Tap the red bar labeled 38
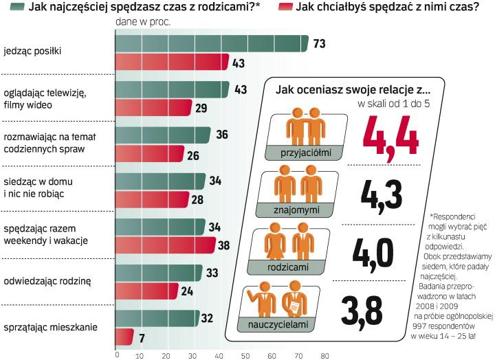[164, 245]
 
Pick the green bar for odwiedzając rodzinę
[157, 272]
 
